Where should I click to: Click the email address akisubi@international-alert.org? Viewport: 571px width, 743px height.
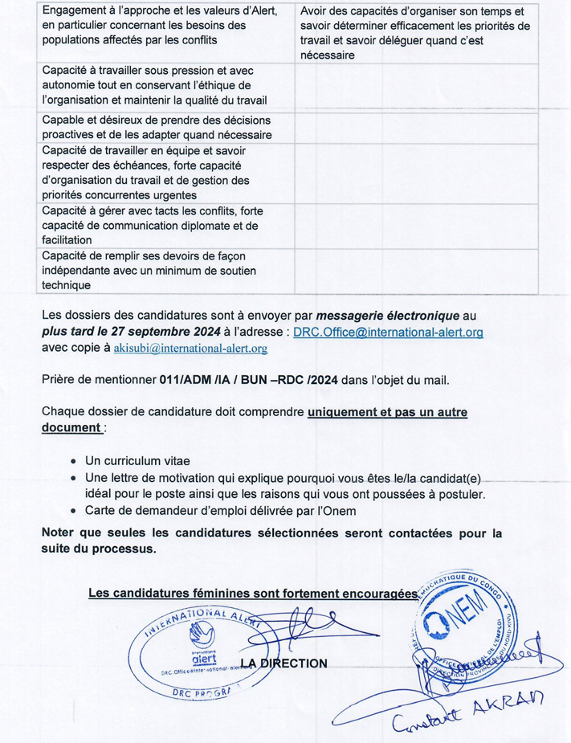pyautogui.click(x=190, y=349)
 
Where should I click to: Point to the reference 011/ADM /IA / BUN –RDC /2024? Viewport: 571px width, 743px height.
pyautogui.click(x=245, y=380)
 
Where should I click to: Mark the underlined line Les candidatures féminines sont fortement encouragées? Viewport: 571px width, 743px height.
pyautogui.click(x=253, y=594)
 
